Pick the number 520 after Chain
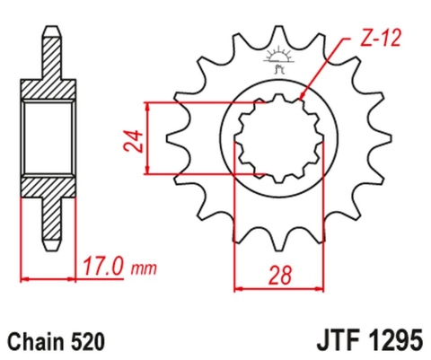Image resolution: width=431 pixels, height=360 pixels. click(91, 341)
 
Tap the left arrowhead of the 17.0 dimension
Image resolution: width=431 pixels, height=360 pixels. click(24, 277)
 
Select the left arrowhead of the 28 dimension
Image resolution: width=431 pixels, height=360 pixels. click(238, 289)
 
